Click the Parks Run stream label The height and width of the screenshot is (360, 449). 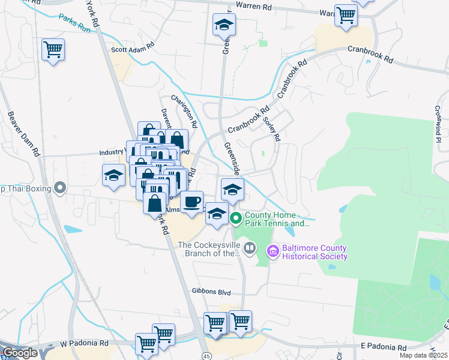(x=75, y=23)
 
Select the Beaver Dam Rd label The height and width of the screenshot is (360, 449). (x=23, y=134)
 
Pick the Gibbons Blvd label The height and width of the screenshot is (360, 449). (x=211, y=291)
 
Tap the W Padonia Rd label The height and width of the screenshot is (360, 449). (x=83, y=344)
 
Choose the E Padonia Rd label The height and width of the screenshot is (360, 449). (x=382, y=347)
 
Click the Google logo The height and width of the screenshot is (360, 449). (x=19, y=353)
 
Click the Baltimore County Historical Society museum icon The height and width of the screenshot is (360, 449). (x=273, y=251)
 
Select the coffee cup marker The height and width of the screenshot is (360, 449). (x=192, y=202)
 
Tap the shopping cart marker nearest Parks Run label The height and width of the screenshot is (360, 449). (x=53, y=50)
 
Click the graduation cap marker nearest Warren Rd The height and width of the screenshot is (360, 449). (x=224, y=25)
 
